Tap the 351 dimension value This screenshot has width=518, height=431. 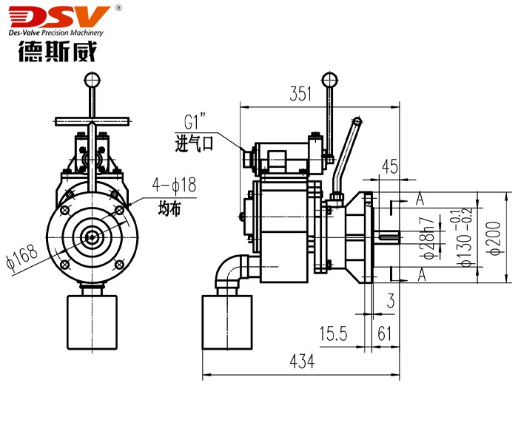click(x=300, y=94)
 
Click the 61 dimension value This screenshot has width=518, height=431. click(x=384, y=334)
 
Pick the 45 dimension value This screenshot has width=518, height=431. click(x=389, y=166)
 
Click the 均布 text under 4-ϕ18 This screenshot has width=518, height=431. click(x=169, y=208)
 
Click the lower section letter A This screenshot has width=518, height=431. click(x=419, y=275)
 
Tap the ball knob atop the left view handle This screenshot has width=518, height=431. click(x=92, y=78)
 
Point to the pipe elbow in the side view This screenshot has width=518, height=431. click(x=231, y=272)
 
